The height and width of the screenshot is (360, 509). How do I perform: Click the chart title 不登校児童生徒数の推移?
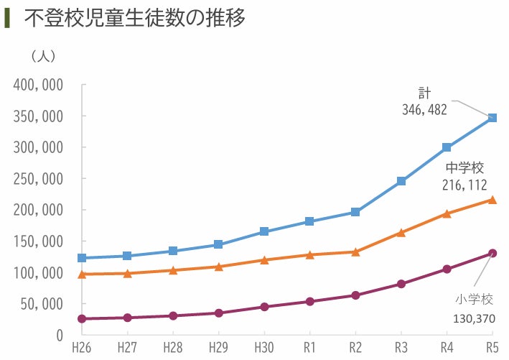135,19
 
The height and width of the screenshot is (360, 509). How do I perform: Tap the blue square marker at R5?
492,118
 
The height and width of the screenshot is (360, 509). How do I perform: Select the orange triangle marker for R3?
401,233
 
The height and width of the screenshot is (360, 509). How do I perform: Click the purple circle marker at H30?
264,307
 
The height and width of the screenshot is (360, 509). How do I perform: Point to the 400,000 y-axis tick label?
38,85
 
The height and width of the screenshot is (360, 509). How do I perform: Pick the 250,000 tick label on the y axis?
38,179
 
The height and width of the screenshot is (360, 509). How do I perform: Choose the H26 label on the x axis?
81,349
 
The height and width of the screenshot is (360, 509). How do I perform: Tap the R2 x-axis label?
355,349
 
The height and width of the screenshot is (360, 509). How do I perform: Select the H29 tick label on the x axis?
218,349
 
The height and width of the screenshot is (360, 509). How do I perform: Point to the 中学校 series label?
464,167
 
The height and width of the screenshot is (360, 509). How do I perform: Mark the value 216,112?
464,185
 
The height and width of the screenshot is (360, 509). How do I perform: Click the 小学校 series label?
475,298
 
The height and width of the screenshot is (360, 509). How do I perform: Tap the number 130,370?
474,318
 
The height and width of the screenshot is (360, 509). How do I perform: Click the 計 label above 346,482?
424,93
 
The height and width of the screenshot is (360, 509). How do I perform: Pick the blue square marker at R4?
447,147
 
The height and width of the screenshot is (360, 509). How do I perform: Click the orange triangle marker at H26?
82,274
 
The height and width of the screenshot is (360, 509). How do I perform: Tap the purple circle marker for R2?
355,295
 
